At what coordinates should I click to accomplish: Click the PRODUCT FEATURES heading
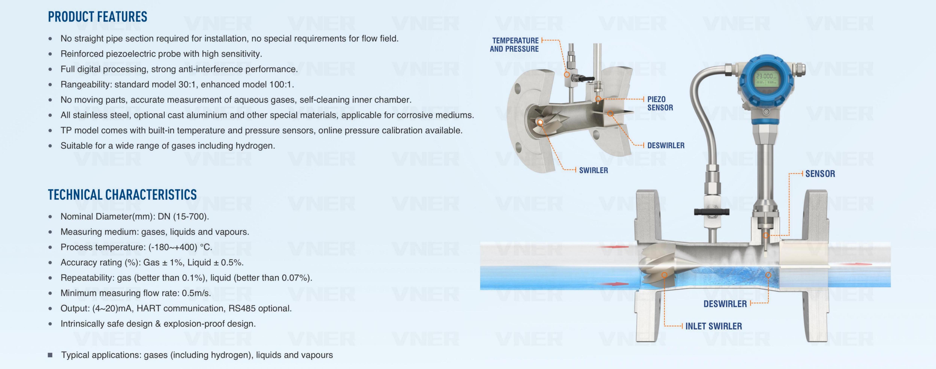(x=97, y=17)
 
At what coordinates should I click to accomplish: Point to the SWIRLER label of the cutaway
(x=593, y=170)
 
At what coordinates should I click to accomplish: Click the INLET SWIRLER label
(x=714, y=326)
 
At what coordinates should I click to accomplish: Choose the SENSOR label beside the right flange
(x=820, y=174)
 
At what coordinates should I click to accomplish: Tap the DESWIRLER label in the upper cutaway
(x=666, y=145)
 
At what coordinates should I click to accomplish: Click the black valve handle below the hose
(x=711, y=212)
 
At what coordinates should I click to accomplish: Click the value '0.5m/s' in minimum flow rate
(x=197, y=293)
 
